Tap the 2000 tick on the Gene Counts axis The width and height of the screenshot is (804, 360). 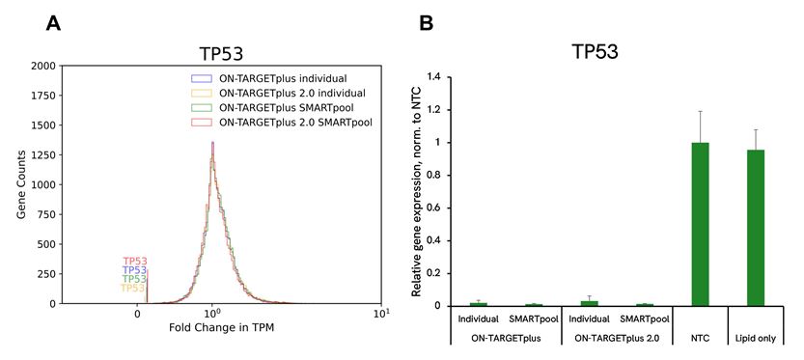point(42,67)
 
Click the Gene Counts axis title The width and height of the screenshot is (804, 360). point(12,185)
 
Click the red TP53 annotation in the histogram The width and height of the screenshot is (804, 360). point(135,262)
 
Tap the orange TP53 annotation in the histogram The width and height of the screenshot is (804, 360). point(133,289)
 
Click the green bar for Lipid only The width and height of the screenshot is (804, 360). point(755,228)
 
